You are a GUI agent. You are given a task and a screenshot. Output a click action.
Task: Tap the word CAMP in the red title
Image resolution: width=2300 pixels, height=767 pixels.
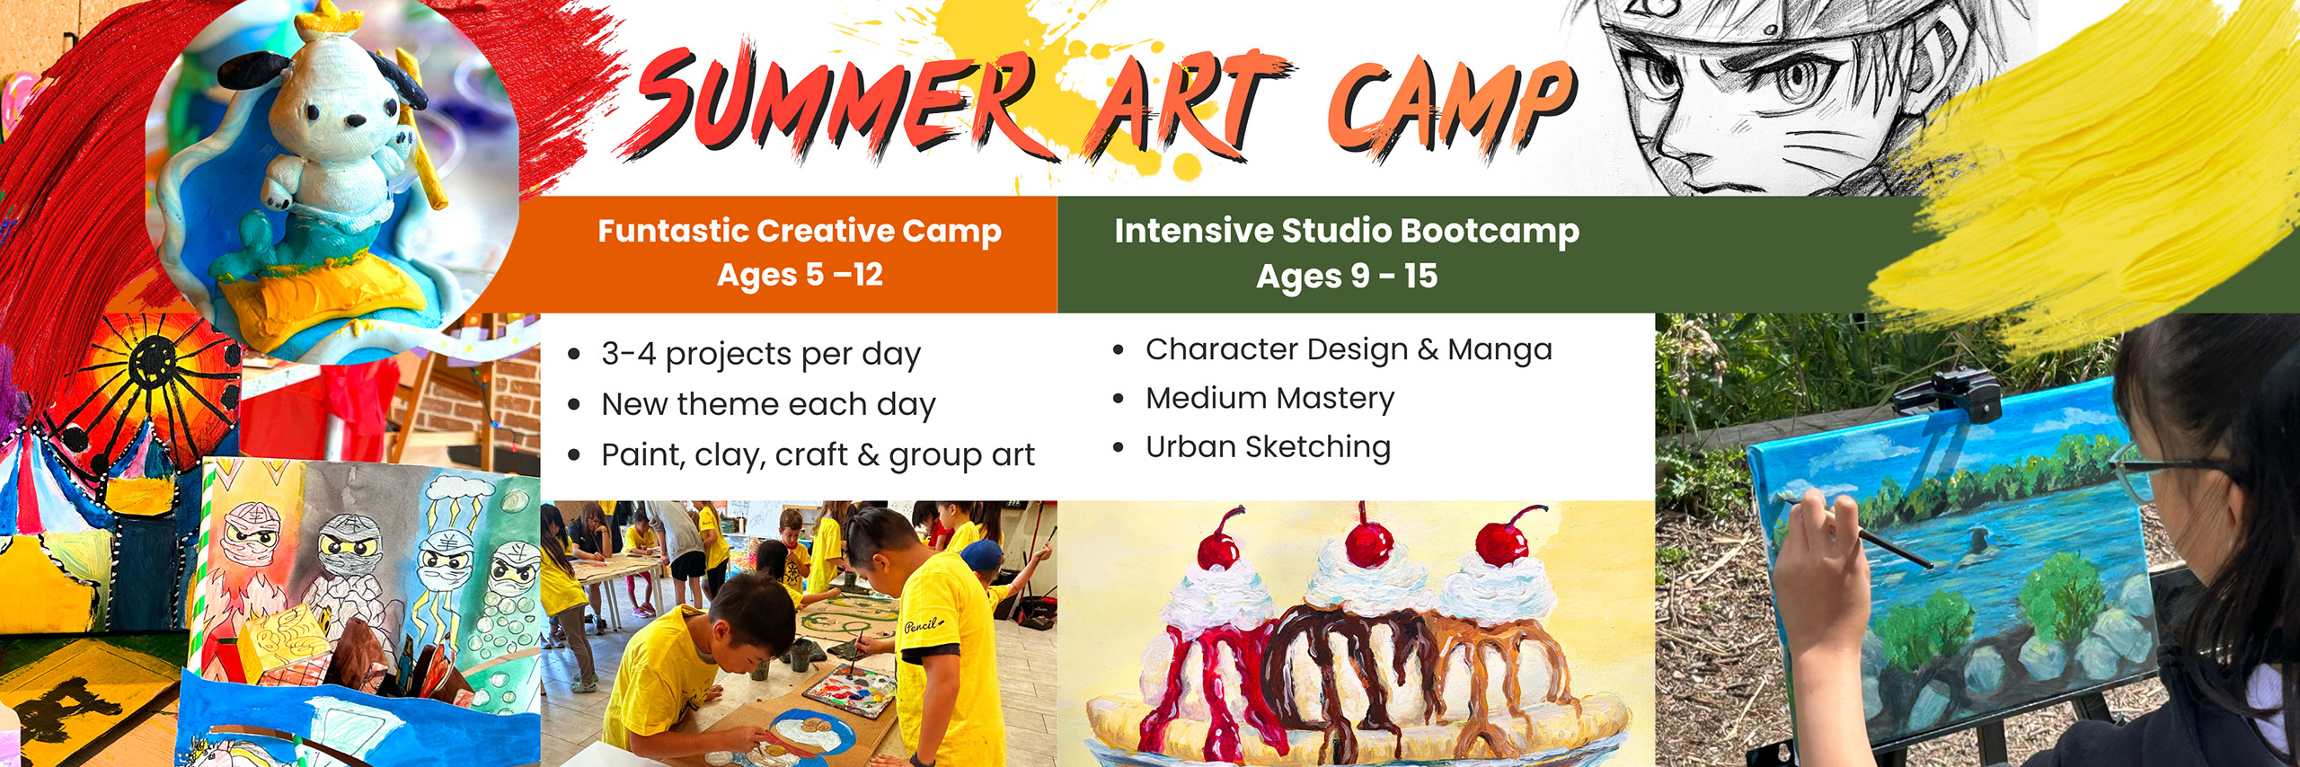pos(1451,108)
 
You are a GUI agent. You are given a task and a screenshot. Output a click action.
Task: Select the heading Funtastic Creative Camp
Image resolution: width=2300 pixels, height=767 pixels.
pos(800,231)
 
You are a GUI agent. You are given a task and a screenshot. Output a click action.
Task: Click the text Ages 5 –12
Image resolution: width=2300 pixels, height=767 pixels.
pos(800,275)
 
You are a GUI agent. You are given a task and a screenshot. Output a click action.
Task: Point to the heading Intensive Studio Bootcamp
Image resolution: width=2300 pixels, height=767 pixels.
pos(1347,231)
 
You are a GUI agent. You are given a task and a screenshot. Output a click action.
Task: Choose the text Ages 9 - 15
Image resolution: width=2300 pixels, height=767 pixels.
pos(1347,276)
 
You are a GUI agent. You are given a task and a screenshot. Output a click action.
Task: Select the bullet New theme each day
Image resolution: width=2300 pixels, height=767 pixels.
pos(768,405)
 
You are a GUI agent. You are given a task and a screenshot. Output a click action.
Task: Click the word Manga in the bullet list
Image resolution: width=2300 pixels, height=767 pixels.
pos(1499,348)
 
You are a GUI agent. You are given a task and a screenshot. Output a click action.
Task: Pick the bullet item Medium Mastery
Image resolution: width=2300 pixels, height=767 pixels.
pos(1269,398)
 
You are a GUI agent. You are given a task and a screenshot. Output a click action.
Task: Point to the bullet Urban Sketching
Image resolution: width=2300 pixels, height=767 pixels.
pos(1268,446)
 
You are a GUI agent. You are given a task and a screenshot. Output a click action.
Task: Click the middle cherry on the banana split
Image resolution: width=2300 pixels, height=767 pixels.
pos(1367,542)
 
